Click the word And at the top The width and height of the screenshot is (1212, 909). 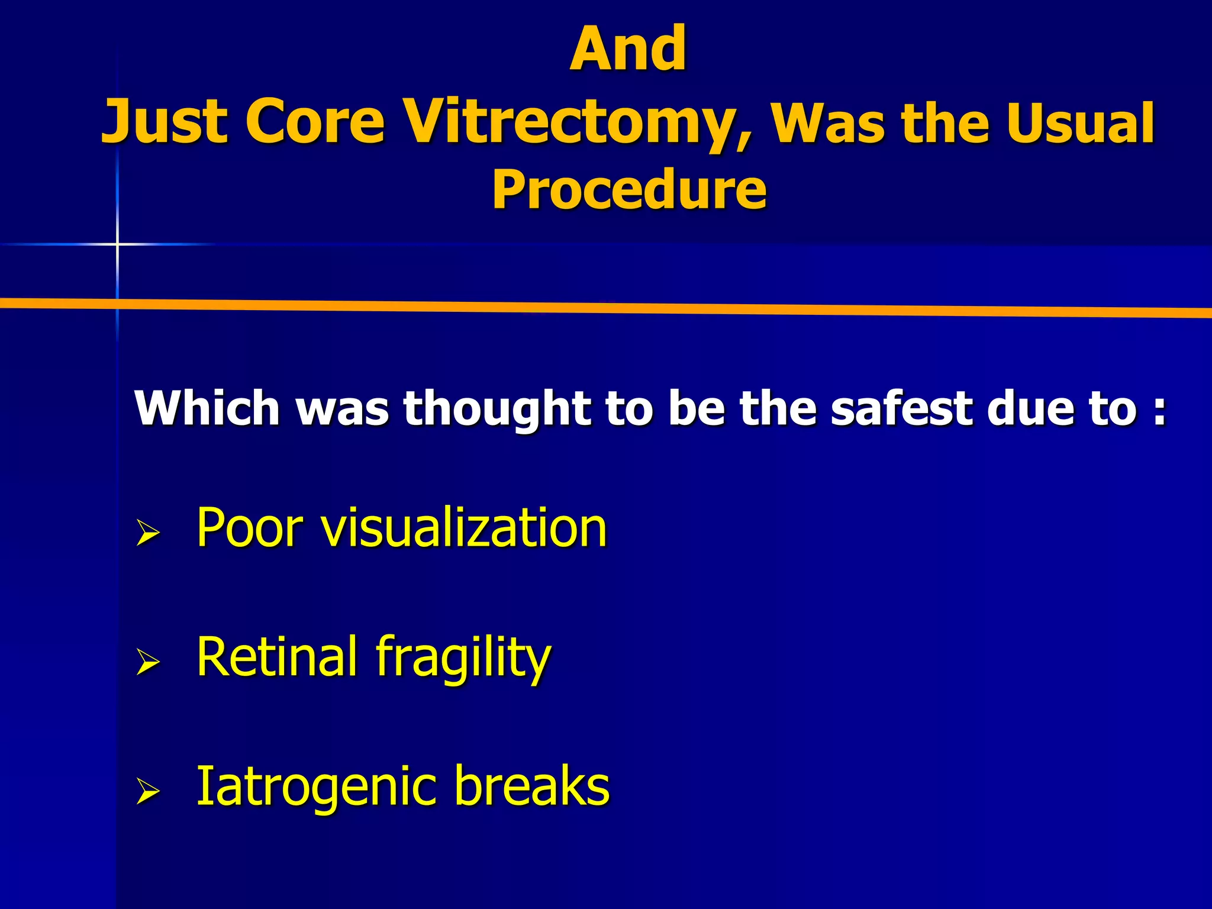(x=628, y=49)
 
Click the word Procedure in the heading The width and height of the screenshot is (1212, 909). (x=629, y=189)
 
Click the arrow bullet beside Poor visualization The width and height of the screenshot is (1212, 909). (x=148, y=532)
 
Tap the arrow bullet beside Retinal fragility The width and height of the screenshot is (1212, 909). (x=148, y=661)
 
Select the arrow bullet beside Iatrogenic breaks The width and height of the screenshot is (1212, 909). (x=148, y=791)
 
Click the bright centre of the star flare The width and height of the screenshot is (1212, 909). (x=117, y=243)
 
